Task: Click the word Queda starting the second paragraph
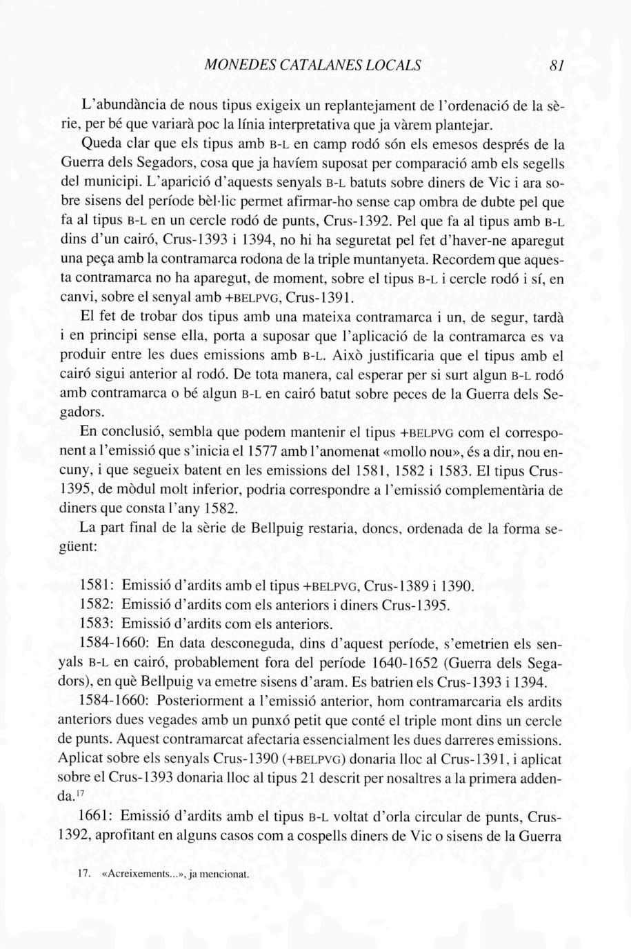tap(101, 145)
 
